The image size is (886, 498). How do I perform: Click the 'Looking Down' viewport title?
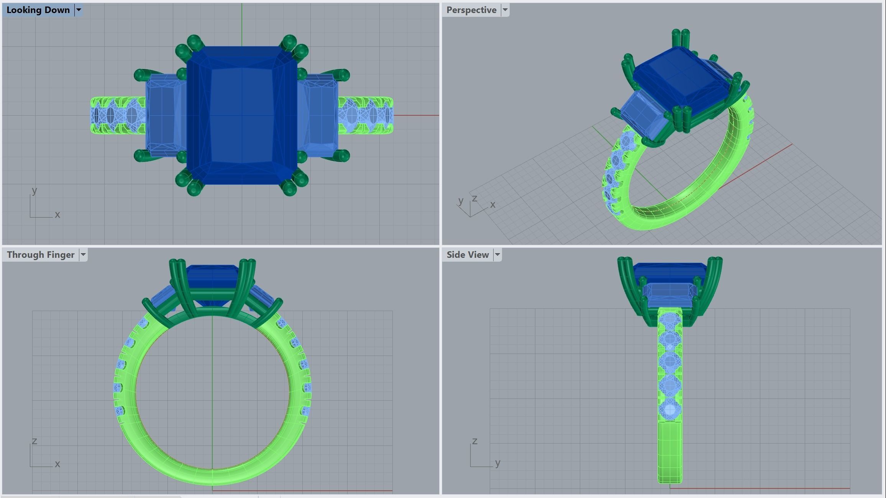pyautogui.click(x=38, y=10)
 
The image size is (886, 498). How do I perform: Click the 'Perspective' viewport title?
pyautogui.click(x=471, y=10)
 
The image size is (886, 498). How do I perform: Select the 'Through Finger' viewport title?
pyautogui.click(x=40, y=255)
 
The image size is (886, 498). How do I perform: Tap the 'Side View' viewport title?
pyautogui.click(x=467, y=255)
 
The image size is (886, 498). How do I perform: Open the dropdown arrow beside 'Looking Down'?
pyautogui.click(x=79, y=10)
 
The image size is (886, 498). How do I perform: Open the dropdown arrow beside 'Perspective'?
pyautogui.click(x=505, y=10)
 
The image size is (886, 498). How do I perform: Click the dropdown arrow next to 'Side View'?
pyautogui.click(x=497, y=255)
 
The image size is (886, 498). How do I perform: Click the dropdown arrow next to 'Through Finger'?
pyautogui.click(x=83, y=255)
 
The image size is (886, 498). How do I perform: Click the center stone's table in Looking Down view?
pyautogui.click(x=242, y=115)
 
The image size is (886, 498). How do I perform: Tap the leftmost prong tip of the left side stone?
pyautogui.click(x=139, y=75)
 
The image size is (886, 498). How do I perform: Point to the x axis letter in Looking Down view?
pyautogui.click(x=57, y=215)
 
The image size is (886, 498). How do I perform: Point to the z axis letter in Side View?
pyautogui.click(x=474, y=441)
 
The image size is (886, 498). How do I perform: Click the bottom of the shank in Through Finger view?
pyautogui.click(x=213, y=477)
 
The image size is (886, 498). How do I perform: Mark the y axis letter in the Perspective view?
pyautogui.click(x=461, y=200)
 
